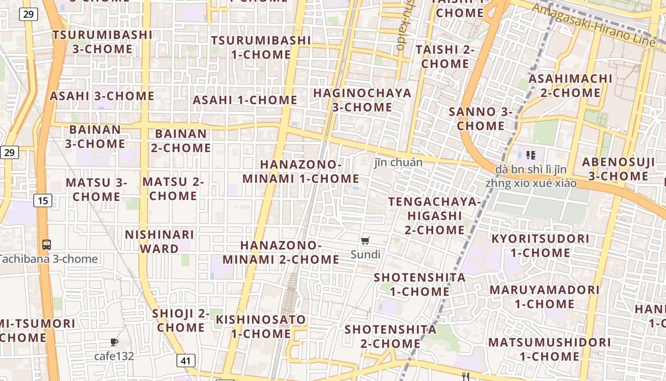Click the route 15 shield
point(43,201)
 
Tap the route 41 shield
point(186,361)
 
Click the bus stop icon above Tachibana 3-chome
point(47,245)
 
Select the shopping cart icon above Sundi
point(365,241)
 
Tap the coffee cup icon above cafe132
point(114,342)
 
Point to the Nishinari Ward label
point(159,241)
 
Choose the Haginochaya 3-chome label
point(362,100)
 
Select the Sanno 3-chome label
point(480,119)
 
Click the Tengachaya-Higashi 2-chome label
point(435,216)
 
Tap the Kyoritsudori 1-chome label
point(540,245)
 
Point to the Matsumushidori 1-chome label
point(549,349)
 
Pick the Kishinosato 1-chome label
point(261,326)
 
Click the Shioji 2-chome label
point(181,321)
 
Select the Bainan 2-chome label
point(181,140)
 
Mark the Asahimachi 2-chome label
point(570,85)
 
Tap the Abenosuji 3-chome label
point(618,169)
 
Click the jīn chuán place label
point(398,162)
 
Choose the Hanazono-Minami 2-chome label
point(281,252)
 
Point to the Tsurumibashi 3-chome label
point(102,42)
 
